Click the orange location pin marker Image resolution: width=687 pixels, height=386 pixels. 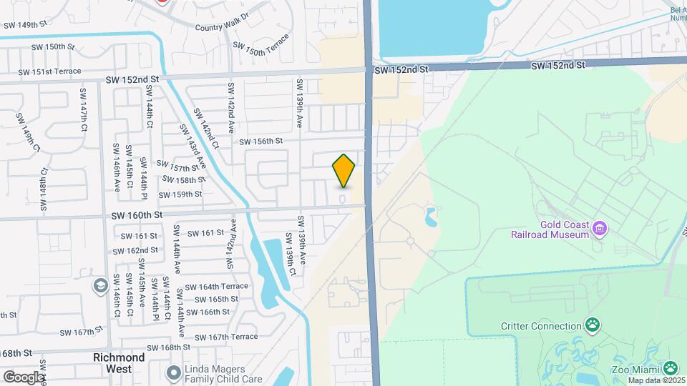343,171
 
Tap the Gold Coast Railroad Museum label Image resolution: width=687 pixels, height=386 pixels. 550,229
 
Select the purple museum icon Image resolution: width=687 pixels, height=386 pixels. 600,229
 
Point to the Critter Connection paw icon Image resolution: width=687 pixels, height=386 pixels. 593,326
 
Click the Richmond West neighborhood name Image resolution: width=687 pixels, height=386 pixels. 119,362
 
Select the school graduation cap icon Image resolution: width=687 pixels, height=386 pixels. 100,286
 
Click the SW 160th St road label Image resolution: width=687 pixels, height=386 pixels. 137,214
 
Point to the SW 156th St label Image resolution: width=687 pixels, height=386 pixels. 260,142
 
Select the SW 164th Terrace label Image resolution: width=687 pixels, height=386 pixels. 216,286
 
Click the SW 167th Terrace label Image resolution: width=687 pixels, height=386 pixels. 225,337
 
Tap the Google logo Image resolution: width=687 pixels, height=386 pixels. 24,377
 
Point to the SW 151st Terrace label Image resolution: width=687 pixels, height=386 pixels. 50,72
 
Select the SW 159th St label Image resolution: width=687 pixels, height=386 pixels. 180,194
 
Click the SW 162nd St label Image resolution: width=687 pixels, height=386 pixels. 135,250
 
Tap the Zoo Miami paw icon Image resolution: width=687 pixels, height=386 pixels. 671,368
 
